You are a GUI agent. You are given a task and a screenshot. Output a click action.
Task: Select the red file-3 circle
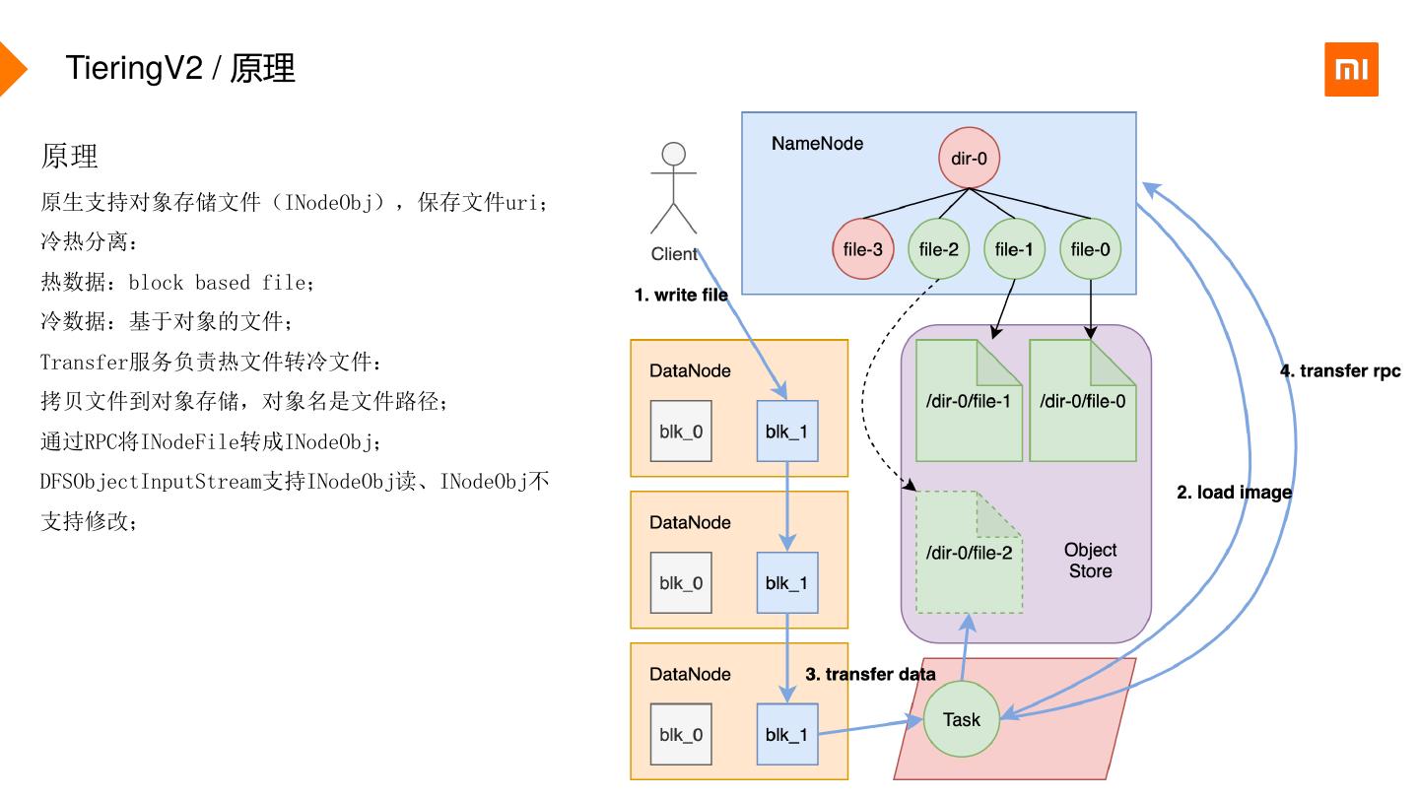[x=862, y=249]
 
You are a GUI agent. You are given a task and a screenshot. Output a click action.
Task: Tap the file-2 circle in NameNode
[x=938, y=249]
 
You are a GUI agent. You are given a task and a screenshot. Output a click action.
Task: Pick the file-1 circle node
[x=1014, y=249]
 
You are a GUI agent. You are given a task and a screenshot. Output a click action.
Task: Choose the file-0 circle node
[x=1090, y=249]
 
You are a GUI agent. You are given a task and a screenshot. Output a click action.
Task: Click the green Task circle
[x=961, y=719]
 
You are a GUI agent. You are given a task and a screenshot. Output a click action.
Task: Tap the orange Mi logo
[x=1351, y=69]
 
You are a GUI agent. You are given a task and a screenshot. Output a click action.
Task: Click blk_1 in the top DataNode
[x=786, y=432]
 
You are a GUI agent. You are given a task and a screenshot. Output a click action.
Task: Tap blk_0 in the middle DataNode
[x=681, y=583]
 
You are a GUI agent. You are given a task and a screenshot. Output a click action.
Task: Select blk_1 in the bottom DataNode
[x=786, y=735]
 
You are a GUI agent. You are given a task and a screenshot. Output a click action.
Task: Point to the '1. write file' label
[x=680, y=295]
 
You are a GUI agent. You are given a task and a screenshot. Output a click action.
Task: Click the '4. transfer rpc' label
[x=1339, y=371]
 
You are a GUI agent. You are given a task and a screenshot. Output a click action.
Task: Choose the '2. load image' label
[x=1234, y=492]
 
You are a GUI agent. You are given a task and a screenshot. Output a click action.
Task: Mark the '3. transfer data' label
[x=870, y=674]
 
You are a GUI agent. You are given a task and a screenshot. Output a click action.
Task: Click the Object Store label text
[x=1090, y=561]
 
